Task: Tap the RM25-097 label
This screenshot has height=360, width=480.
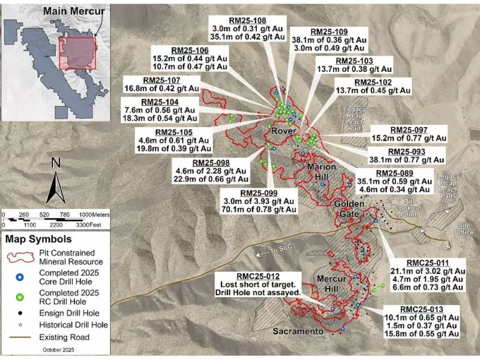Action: tap(409, 130)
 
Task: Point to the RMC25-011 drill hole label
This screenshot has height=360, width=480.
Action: tap(427, 263)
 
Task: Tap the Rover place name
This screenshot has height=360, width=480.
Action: tap(281, 131)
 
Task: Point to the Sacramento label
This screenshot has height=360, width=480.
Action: tap(302, 331)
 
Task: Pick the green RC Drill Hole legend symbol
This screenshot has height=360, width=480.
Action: tap(20, 297)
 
